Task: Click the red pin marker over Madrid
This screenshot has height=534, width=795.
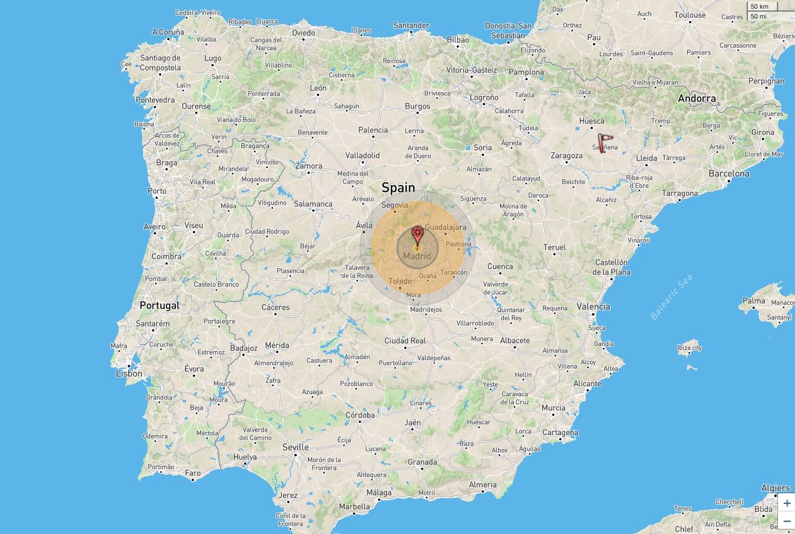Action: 417,235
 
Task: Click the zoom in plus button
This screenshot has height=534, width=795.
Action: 787,503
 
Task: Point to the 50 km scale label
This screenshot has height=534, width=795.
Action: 759,6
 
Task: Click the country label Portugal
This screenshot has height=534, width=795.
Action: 160,305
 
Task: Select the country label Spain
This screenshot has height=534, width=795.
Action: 398,187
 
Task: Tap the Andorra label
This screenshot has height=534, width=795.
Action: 697,98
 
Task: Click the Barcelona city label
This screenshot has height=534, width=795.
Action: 729,173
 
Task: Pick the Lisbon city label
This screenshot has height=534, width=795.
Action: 129,373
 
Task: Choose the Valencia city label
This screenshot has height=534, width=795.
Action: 593,307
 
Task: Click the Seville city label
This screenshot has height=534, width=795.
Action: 295,447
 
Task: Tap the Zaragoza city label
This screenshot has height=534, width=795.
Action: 567,155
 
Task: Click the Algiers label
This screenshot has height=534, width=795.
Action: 775,488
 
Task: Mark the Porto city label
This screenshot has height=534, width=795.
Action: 157,191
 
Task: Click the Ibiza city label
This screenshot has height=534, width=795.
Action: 690,348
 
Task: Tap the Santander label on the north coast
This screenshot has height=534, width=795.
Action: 411,26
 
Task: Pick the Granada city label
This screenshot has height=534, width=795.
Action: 422,462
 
